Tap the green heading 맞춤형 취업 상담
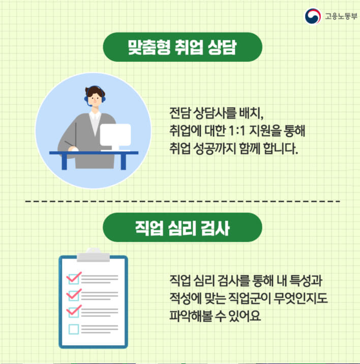click(x=183, y=47)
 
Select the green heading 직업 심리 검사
click(x=183, y=228)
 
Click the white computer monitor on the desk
click(x=114, y=134)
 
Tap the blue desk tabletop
click(x=94, y=152)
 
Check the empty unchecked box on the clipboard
click(x=74, y=329)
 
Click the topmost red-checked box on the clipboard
click(x=74, y=278)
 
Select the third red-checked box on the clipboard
click(x=74, y=312)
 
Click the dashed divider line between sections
click(x=183, y=202)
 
